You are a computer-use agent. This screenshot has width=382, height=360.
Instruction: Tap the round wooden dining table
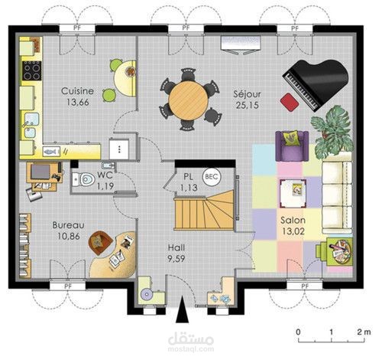(187, 97)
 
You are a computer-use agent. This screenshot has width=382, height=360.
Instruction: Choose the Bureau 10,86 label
(69, 231)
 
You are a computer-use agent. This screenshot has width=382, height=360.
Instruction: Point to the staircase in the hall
(204, 210)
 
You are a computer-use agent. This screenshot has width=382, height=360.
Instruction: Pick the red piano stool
(288, 102)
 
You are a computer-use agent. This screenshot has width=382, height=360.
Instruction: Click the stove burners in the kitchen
(32, 70)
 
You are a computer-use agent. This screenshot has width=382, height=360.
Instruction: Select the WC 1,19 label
(104, 180)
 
